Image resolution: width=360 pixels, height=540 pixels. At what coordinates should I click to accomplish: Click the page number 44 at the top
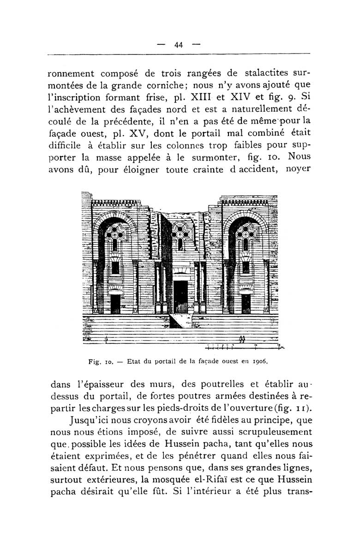[x=179, y=45]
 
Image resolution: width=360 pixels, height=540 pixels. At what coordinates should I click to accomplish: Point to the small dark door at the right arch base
[x=246, y=303]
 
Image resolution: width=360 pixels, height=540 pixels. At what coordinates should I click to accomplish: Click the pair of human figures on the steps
[x=242, y=341]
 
